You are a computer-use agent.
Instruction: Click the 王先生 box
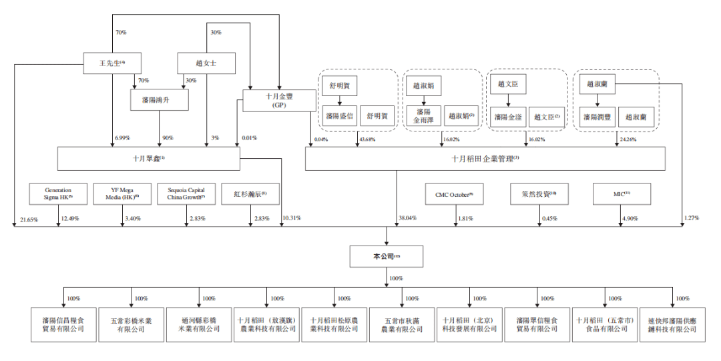click(x=112, y=63)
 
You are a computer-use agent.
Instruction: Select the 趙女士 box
click(x=206, y=63)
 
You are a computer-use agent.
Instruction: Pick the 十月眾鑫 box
click(x=149, y=159)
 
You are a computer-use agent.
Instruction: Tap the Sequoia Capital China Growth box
click(x=187, y=194)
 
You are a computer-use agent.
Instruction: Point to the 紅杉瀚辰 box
click(x=250, y=194)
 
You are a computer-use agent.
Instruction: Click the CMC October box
click(x=454, y=194)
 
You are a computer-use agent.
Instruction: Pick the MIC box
click(x=622, y=194)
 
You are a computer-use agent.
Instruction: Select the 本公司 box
click(x=386, y=256)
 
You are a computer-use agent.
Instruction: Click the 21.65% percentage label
click(x=29, y=219)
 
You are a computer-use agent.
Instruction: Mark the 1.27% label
click(x=693, y=219)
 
